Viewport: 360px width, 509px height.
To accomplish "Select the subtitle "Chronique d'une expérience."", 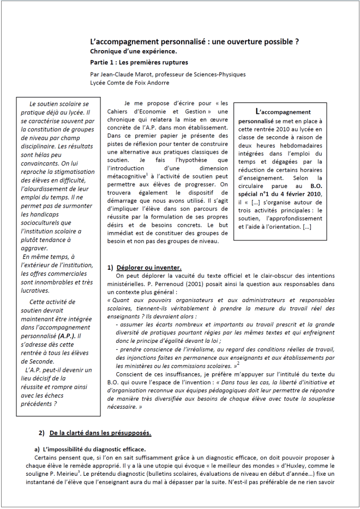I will (x=129, y=51).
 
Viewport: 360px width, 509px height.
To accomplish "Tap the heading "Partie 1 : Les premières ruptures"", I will (x=139, y=62).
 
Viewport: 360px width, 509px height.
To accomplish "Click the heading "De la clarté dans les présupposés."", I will (x=100, y=433).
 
